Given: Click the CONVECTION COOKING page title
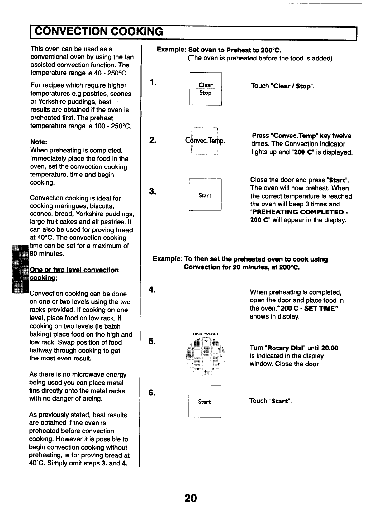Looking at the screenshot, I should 98,32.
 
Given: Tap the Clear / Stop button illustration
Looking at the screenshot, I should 205,89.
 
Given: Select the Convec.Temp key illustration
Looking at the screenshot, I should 205,141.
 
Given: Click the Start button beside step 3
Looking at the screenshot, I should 205,195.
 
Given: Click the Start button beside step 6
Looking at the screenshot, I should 205,402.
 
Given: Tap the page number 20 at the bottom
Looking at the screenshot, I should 190,498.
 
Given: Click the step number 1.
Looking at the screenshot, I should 152,82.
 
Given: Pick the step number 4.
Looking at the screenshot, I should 152,290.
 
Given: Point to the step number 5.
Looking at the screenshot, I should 152,342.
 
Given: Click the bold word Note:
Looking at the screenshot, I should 39,142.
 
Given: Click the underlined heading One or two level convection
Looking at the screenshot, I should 74,270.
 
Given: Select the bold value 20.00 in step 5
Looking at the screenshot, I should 330,348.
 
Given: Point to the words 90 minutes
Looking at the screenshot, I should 47,254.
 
